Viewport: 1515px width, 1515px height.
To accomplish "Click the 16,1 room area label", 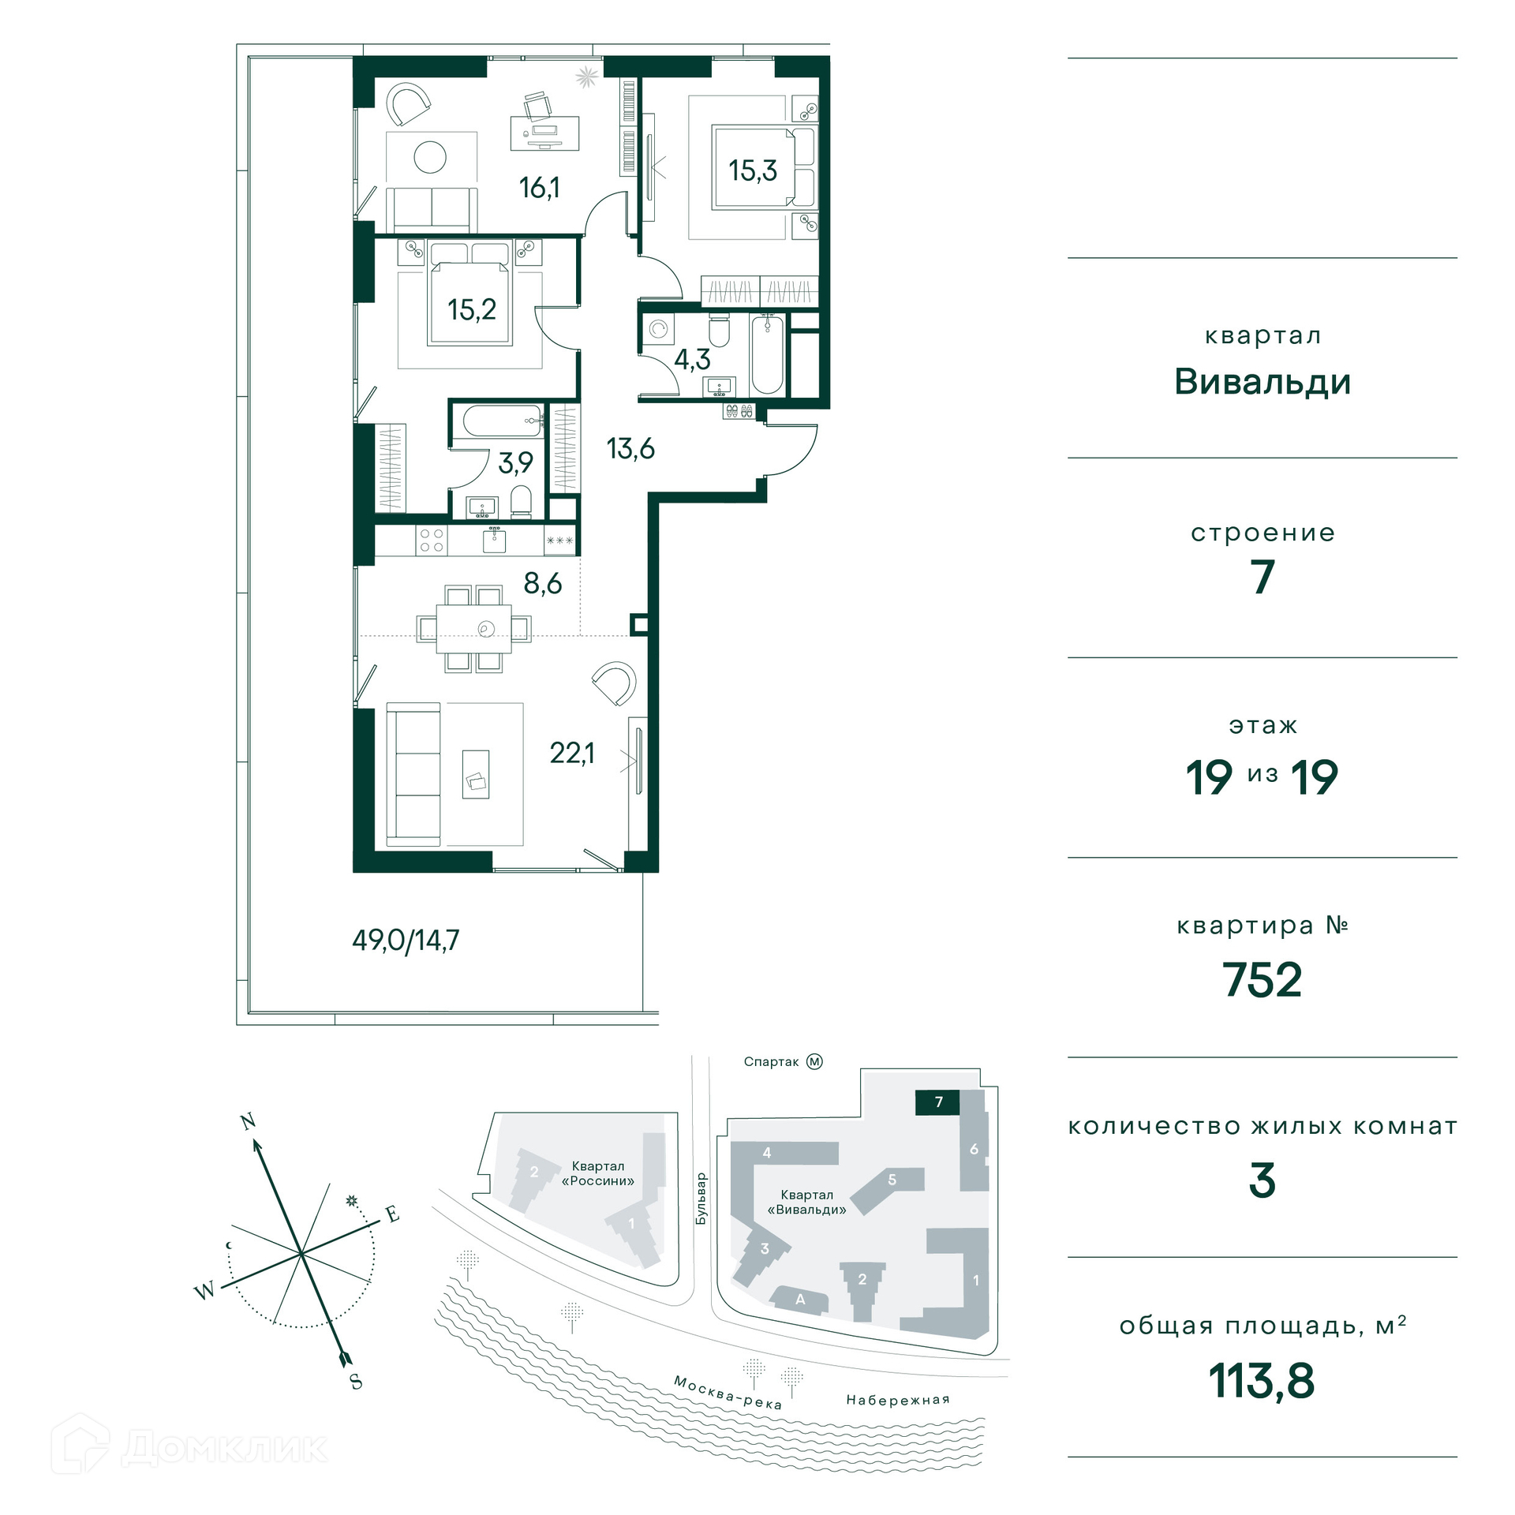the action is pyautogui.click(x=540, y=188).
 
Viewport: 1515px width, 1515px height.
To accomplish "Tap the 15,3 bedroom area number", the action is pyautogui.click(x=753, y=170).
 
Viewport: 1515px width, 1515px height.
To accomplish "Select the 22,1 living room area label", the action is pyautogui.click(x=572, y=754).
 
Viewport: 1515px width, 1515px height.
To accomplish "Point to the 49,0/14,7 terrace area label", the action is pyautogui.click(x=406, y=941).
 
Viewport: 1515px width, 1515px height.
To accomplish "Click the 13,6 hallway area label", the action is pyautogui.click(x=630, y=449).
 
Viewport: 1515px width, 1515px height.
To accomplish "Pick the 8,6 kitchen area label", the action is pyautogui.click(x=543, y=584).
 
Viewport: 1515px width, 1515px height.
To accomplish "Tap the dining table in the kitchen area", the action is pyautogui.click(x=473, y=628).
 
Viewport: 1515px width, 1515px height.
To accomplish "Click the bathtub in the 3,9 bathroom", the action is pyautogui.click(x=503, y=421).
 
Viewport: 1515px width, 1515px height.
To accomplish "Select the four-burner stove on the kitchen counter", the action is pyautogui.click(x=432, y=541).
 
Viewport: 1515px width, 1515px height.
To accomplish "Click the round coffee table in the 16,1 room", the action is pyautogui.click(x=430, y=157).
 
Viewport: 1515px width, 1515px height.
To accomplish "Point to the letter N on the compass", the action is pyautogui.click(x=249, y=1121).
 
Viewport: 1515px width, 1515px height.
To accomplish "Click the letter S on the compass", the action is pyautogui.click(x=356, y=1382).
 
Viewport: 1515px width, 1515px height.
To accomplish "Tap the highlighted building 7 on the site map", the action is pyautogui.click(x=937, y=1102).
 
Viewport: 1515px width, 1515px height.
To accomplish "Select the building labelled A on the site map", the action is pyautogui.click(x=799, y=1300).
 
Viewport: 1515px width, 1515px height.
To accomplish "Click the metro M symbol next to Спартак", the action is pyautogui.click(x=814, y=1062).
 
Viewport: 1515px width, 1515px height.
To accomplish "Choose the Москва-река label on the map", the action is pyautogui.click(x=728, y=1393).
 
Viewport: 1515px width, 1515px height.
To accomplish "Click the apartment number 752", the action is pyautogui.click(x=1262, y=980).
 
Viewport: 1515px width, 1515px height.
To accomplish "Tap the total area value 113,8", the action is pyautogui.click(x=1262, y=1381).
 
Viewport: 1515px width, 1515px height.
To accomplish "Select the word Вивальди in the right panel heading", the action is pyautogui.click(x=1262, y=382).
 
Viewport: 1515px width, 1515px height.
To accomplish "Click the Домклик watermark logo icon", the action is pyautogui.click(x=80, y=1443).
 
